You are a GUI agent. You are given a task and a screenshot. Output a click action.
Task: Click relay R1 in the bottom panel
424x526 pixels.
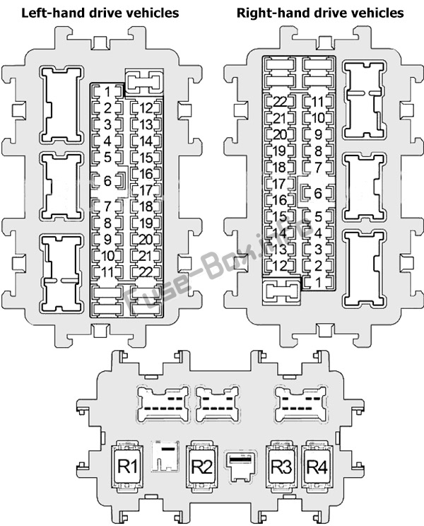[127, 466]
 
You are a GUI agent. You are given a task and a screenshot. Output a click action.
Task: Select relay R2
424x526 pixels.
[201, 466]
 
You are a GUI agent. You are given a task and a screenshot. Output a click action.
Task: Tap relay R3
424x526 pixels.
[281, 466]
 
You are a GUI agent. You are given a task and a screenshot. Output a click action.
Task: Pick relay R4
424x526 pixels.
[317, 466]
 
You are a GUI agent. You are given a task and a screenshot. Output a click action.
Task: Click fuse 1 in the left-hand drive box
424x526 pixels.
[107, 92]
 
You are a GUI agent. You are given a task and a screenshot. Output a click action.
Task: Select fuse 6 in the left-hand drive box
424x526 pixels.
[108, 181]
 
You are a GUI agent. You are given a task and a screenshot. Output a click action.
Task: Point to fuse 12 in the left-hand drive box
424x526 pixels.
[146, 108]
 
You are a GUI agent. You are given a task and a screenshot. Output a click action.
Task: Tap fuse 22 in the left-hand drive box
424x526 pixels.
[146, 272]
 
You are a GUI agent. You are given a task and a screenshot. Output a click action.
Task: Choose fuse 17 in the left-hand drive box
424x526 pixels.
[146, 190]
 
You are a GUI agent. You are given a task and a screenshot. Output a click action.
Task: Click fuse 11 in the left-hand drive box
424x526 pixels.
[107, 272]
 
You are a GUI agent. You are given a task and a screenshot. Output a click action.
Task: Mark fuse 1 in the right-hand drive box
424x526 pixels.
[318, 283]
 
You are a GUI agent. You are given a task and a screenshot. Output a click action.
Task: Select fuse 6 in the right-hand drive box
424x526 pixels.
[317, 193]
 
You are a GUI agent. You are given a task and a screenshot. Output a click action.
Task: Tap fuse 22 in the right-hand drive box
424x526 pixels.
[280, 102]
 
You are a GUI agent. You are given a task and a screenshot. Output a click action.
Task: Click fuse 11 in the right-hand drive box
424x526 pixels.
[318, 102]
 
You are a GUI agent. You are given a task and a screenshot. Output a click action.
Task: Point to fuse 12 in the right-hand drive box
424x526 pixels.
[280, 266]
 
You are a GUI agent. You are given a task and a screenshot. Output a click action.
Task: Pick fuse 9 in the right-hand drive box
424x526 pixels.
[318, 134]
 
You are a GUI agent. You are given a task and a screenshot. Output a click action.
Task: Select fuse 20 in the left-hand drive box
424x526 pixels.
[146, 240]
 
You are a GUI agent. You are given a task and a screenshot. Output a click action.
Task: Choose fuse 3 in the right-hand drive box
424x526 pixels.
[318, 250]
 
